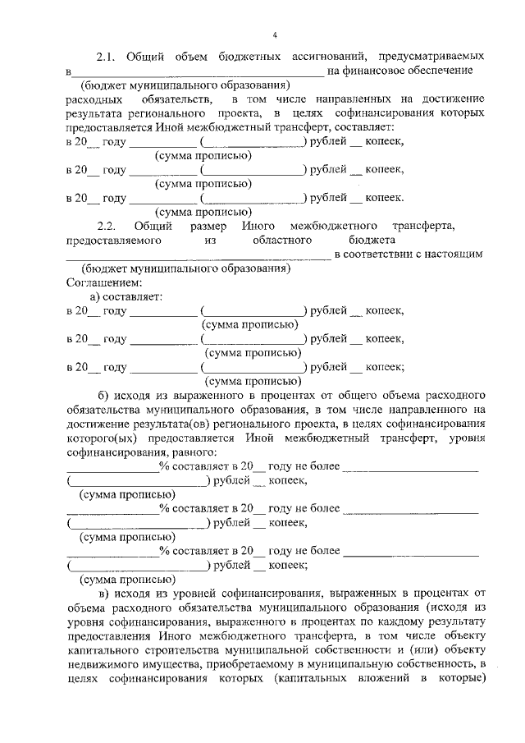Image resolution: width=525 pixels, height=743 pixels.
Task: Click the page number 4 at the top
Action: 275,34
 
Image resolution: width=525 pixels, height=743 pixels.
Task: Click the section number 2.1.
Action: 107,57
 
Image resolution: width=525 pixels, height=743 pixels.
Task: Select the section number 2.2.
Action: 107,225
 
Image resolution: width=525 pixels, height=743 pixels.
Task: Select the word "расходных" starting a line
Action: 92,99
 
